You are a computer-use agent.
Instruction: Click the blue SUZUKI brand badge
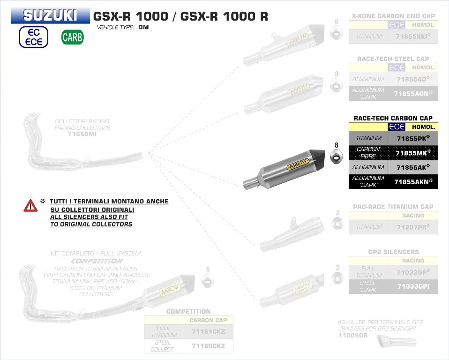[51, 16]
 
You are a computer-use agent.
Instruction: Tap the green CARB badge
[72, 37]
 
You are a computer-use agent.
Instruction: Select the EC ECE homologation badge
[34, 37]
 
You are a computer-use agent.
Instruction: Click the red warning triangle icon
[30, 205]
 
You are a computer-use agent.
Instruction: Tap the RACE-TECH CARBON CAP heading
[393, 118]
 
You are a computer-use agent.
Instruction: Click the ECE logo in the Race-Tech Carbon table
[397, 127]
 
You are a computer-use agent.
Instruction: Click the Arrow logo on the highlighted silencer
[297, 164]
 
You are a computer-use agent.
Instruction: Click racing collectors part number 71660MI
[82, 134]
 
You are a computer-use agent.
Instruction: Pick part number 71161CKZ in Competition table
[209, 331]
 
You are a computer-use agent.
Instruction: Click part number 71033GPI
[413, 286]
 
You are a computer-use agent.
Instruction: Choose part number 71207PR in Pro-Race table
[413, 227]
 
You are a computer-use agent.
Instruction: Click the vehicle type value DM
[143, 27]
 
